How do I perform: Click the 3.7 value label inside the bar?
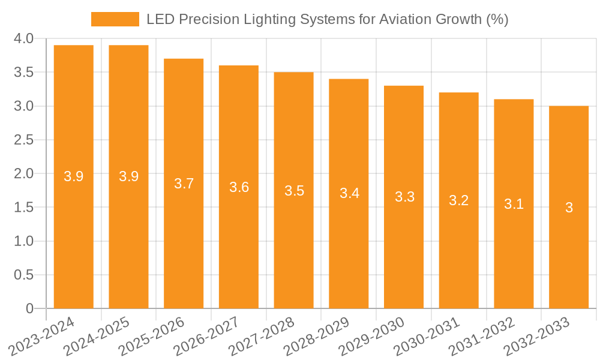click(x=184, y=184)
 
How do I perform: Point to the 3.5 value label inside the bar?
click(x=294, y=191)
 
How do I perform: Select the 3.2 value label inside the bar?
click(x=459, y=200)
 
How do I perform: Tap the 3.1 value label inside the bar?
click(x=514, y=204)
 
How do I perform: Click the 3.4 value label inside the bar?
click(x=349, y=193)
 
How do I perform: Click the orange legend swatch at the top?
click(x=115, y=19)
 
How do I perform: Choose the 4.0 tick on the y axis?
click(x=23, y=39)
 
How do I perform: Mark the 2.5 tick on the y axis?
click(x=23, y=140)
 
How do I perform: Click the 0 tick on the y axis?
click(x=30, y=308)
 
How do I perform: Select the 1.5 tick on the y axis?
click(x=23, y=208)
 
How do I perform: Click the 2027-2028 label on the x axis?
click(x=262, y=337)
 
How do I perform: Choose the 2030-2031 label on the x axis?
click(x=427, y=337)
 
